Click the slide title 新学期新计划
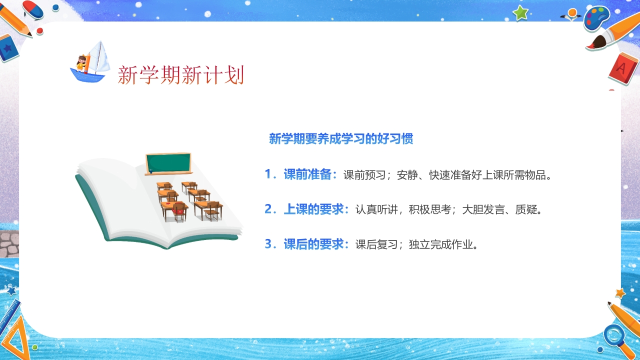181,75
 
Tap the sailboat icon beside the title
90,62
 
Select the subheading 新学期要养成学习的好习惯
341,139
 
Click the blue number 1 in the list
269,174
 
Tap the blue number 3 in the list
269,244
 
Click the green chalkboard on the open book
168,163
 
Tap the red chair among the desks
178,211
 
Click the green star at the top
520,12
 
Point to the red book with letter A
622,67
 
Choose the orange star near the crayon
620,293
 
